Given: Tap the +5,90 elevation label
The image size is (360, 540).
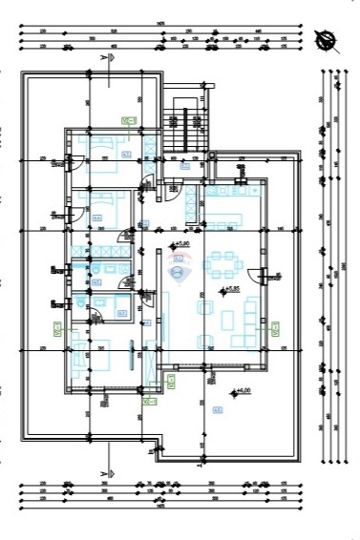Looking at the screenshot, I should click(x=179, y=245).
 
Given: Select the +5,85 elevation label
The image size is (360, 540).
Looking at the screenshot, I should click(x=228, y=289).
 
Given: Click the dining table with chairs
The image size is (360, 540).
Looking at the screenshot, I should click(x=227, y=262).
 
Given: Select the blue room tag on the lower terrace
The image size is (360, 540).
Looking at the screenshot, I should click(x=218, y=410).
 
